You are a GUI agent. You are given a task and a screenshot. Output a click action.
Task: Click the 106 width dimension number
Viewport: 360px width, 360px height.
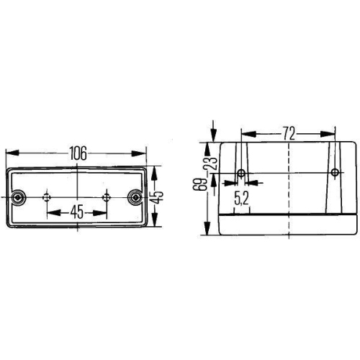click(x=77, y=153)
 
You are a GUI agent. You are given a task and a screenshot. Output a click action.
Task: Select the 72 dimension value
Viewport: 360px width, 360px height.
click(x=288, y=133)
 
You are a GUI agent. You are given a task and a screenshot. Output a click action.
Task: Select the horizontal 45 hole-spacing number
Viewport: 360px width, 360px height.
click(x=76, y=212)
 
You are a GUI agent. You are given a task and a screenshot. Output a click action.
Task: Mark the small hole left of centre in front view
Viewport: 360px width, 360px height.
click(x=48, y=197)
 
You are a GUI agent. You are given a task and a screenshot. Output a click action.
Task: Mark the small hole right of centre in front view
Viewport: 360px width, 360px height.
click(x=106, y=197)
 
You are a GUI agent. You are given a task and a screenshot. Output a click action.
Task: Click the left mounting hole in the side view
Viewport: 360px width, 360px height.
click(x=240, y=174)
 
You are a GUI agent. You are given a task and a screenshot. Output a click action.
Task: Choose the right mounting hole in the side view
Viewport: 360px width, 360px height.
click(x=334, y=174)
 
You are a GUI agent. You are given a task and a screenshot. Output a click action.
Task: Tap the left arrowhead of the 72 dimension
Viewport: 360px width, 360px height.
click(x=246, y=133)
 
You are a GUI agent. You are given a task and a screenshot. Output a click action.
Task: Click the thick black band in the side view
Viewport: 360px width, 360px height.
click(x=288, y=215)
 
